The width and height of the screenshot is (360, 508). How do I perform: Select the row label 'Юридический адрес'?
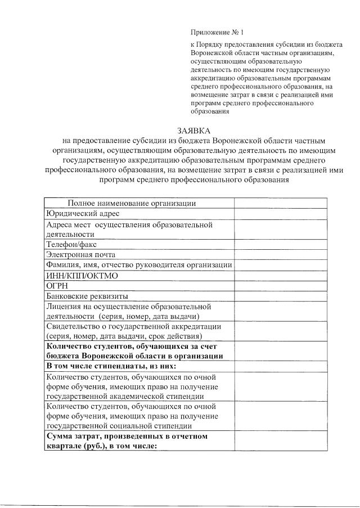(83, 214)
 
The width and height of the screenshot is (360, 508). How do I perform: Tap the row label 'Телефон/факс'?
(72, 245)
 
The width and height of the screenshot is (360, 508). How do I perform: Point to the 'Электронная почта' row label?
(81, 255)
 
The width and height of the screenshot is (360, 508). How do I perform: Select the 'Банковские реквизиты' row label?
(87, 296)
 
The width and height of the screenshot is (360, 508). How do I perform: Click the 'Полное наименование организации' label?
(132, 204)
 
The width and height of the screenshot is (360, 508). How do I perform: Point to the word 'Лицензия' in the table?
(66, 307)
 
